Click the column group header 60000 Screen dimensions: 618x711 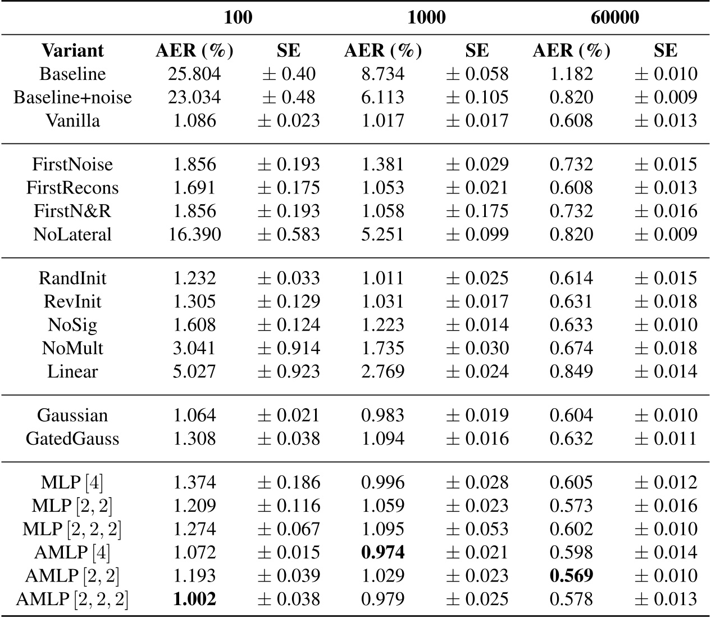pos(614,17)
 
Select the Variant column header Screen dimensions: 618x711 pos(72,51)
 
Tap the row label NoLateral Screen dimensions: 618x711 pos(72,234)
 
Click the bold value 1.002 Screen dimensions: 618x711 pos(194,599)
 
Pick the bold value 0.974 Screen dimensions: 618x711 pos(383,552)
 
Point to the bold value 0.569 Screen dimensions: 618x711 pos(571,576)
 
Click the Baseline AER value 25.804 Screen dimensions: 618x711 pos(194,74)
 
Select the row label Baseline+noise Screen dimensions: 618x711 pos(72,97)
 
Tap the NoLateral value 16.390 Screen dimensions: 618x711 pos(194,234)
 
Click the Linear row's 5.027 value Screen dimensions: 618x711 pos(194,371)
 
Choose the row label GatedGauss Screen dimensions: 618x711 pos(72,439)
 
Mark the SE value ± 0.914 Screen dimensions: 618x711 pos(289,348)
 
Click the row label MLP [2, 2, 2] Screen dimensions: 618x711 pos(72,529)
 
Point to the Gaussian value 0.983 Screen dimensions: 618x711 pos(383,415)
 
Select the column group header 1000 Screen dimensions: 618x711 pos(426,17)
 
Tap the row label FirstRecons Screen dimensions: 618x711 pos(72,187)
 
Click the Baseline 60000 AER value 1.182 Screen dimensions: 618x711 pos(571,74)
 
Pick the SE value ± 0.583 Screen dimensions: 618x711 pos(289,234)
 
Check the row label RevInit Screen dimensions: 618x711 pos(72,301)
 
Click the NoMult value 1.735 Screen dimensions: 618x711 pos(383,348)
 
